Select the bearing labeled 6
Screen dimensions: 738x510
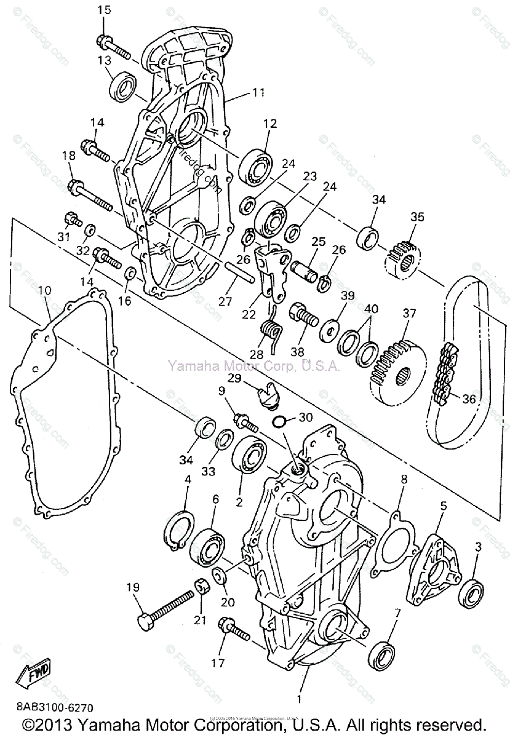208,544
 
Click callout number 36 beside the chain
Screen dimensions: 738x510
469,399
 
